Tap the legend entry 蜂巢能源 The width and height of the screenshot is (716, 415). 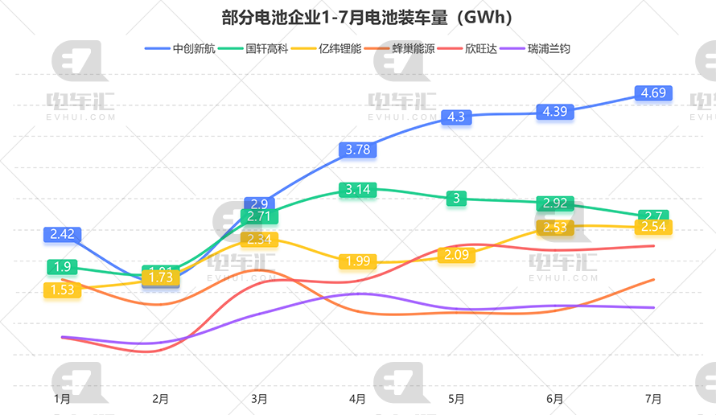(x=407, y=48)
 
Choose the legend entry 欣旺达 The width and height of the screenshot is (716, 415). (x=475, y=48)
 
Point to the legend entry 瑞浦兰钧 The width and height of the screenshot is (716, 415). (x=543, y=48)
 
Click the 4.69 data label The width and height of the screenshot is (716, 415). (x=653, y=93)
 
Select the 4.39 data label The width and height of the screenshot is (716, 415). (x=555, y=112)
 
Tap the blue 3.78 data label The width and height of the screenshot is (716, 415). (x=358, y=149)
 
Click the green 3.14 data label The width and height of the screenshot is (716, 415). (x=358, y=190)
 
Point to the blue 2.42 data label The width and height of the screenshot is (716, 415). (x=62, y=235)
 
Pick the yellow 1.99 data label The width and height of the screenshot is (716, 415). (x=358, y=261)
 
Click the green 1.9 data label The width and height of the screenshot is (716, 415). (x=62, y=267)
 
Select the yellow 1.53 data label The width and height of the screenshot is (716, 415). (x=62, y=290)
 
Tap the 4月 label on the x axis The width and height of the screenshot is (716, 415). (x=358, y=398)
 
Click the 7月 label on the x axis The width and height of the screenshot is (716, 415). (x=654, y=398)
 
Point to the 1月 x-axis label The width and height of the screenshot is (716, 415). (x=62, y=398)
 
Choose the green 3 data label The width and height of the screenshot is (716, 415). (x=457, y=199)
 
